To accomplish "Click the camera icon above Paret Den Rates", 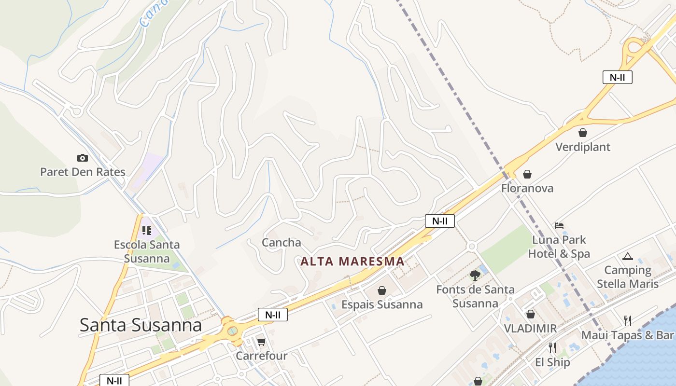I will click(x=83, y=158).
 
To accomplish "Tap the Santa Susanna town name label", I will click(x=141, y=325).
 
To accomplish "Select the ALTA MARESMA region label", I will click(x=352, y=262).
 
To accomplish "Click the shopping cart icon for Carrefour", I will click(x=261, y=342).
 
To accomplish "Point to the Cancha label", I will click(x=282, y=242).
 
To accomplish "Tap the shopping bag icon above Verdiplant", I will click(x=583, y=133).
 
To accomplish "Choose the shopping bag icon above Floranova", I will click(x=527, y=174).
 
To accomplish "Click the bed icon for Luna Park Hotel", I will click(x=559, y=225).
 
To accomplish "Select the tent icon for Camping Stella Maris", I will click(x=627, y=256).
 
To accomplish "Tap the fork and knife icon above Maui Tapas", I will click(x=627, y=320).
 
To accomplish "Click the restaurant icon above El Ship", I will click(x=552, y=347).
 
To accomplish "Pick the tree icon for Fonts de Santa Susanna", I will click(x=475, y=276).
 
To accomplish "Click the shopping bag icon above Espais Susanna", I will click(x=382, y=290).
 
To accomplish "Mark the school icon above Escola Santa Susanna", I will click(x=146, y=231).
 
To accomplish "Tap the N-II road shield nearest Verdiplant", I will click(x=618, y=77).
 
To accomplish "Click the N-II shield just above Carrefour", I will click(x=273, y=315).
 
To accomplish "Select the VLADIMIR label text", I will click(x=530, y=329).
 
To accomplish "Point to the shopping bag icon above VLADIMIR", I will click(x=531, y=315).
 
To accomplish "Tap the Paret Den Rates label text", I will click(x=83, y=172).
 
